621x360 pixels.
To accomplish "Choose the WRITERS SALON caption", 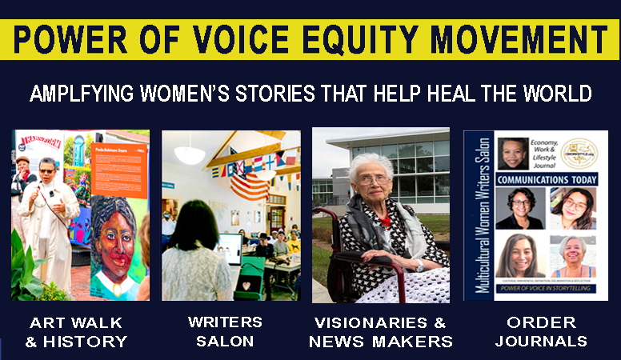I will click(225, 332).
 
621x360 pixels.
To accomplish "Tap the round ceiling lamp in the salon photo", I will click(190, 153).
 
